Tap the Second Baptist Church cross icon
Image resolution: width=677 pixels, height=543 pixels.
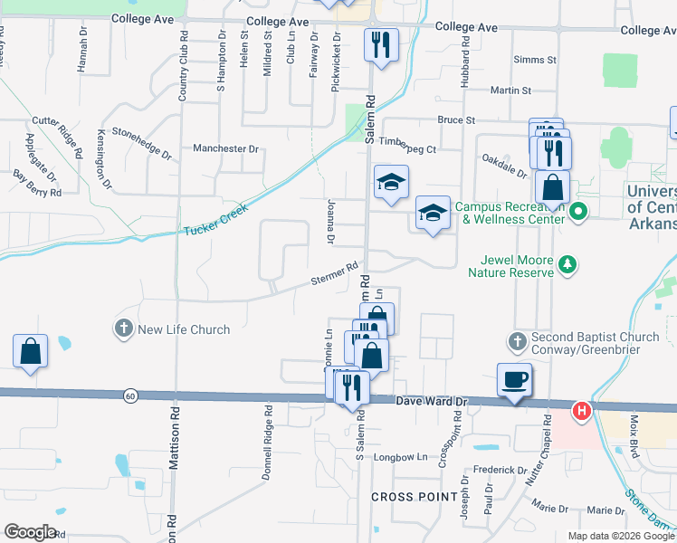click(x=517, y=340)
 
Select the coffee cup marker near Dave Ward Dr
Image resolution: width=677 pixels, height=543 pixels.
click(x=514, y=379)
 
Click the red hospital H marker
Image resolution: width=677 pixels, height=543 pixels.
click(x=582, y=411)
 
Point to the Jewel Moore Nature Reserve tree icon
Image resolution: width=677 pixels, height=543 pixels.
click(x=567, y=264)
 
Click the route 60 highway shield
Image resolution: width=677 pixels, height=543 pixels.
click(x=131, y=395)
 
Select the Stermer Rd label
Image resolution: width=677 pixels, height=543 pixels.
click(x=333, y=274)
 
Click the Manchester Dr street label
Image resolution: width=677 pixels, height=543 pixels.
click(x=225, y=148)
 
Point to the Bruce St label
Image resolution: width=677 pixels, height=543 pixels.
click(x=456, y=119)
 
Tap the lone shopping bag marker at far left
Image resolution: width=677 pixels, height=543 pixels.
click(x=30, y=350)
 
